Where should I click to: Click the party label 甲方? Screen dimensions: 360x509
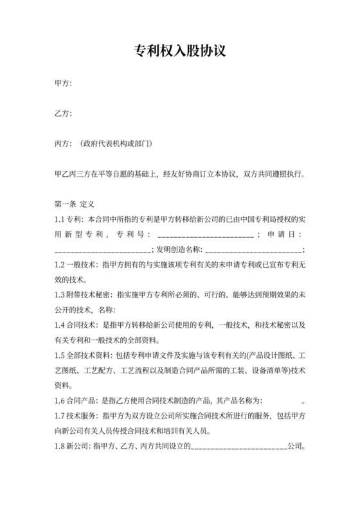[63, 84]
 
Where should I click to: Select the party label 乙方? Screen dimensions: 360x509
[63, 114]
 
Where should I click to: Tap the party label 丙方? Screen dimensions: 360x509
[63, 143]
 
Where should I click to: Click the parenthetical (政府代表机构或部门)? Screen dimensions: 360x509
[116, 143]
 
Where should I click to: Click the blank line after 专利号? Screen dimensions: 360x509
[204, 235]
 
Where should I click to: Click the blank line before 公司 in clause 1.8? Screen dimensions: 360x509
[237, 445]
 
